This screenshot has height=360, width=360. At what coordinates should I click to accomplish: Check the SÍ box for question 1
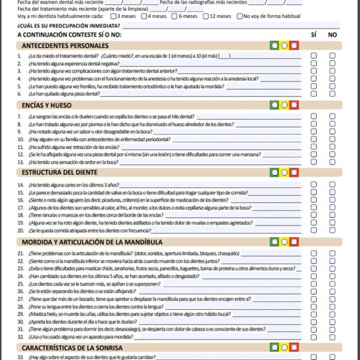(x=314, y=56)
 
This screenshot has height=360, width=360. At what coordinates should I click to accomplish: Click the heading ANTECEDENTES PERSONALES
(x=65, y=46)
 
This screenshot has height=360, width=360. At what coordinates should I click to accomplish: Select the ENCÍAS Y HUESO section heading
(x=47, y=105)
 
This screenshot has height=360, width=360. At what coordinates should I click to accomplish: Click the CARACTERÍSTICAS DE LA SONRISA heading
(x=73, y=347)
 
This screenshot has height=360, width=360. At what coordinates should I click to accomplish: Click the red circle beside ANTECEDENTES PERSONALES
(x=294, y=46)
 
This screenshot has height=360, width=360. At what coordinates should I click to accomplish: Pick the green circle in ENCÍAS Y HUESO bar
(x=275, y=105)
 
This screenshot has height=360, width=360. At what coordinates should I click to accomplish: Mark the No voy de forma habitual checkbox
(x=240, y=16)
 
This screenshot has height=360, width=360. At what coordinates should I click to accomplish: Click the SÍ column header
(x=314, y=35)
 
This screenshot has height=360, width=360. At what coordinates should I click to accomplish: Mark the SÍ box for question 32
(x=314, y=337)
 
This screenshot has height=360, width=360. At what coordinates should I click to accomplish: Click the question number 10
(x=20, y=139)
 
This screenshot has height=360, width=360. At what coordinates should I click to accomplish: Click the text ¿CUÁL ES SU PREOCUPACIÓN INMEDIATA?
(x=68, y=26)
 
